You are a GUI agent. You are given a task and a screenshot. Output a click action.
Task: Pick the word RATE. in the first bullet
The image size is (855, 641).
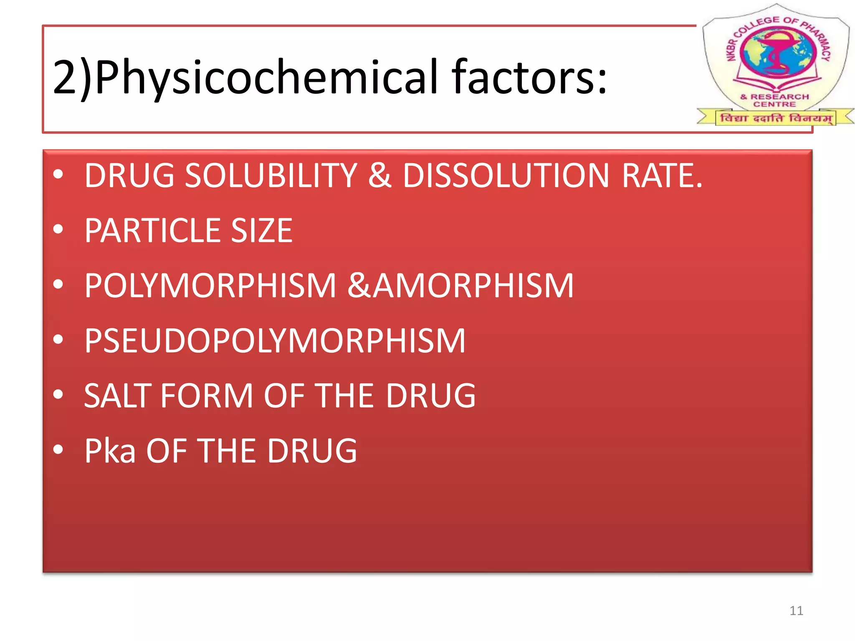tap(662, 175)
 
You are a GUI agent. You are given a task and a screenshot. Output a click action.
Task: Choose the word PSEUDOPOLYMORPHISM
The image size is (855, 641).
tap(275, 341)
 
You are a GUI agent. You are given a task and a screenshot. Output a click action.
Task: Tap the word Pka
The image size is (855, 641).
tap(110, 451)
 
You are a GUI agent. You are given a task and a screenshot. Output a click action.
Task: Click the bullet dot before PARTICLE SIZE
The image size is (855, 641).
tap(58, 229)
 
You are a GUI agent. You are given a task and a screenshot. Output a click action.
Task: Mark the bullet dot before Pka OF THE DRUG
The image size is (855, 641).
tap(58, 449)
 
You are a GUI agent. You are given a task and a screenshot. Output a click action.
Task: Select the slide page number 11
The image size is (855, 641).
tap(796, 611)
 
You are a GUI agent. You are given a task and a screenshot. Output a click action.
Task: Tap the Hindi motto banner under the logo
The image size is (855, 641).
tap(776, 118)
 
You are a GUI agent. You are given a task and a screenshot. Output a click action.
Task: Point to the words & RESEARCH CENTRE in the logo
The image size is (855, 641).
tap(775, 100)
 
